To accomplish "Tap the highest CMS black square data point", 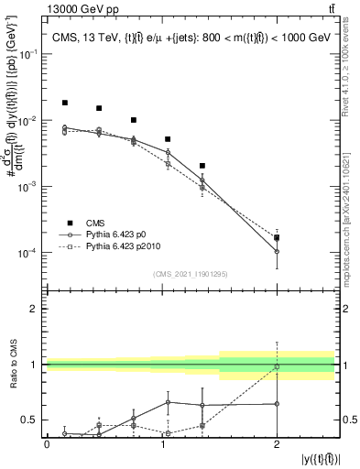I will coord(64,103).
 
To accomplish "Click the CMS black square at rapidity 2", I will coord(277,238).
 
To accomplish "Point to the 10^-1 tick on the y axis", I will coord(30,54).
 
